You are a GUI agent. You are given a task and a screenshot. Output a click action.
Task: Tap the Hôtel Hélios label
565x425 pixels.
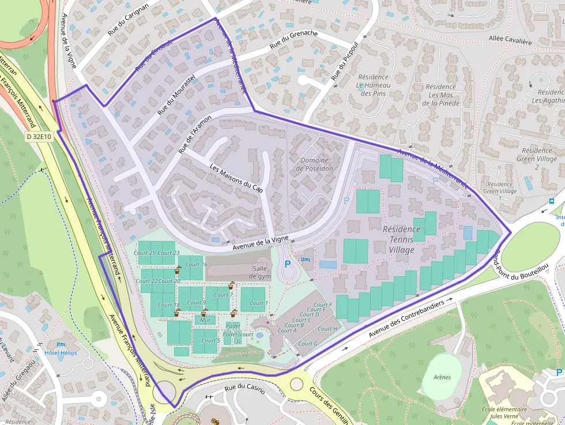pos(61,352)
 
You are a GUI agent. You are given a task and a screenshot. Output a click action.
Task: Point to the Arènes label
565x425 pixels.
pos(441,377)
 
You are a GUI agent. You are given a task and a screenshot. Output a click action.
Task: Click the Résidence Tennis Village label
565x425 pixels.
pos(401,239)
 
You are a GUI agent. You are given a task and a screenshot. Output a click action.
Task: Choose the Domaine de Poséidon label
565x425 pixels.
pos(314,164)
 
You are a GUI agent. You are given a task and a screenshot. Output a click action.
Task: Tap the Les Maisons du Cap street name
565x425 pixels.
pos(236,179)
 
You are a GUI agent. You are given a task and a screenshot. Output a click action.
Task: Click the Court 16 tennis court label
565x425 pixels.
pos(196,265)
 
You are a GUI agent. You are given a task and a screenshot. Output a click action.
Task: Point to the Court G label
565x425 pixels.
pos(308,344)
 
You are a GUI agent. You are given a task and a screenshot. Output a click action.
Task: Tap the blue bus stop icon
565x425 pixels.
pos(552,201)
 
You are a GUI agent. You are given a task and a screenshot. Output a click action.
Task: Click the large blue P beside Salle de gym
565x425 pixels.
pos(287,264)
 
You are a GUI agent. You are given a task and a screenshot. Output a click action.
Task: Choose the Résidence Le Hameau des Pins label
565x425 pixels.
pos(373,85)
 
